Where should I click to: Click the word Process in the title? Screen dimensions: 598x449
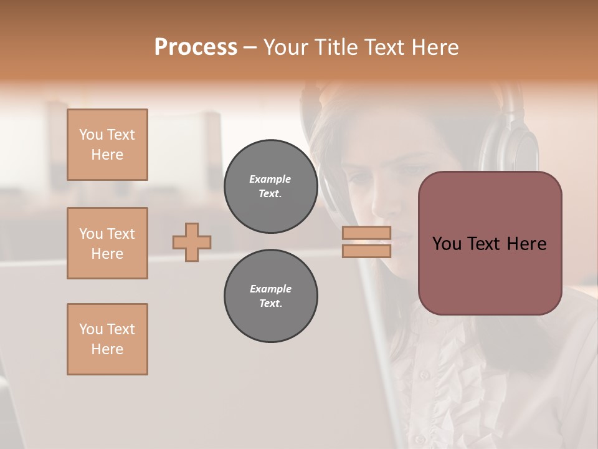pyautogui.click(x=196, y=47)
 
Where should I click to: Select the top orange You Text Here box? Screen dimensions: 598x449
pyautogui.click(x=107, y=145)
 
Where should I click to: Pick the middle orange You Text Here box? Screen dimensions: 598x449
pyautogui.click(x=107, y=243)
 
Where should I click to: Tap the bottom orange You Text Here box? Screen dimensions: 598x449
pyautogui.click(x=107, y=339)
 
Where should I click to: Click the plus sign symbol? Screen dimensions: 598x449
pyautogui.click(x=192, y=242)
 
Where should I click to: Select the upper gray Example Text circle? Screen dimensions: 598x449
pyautogui.click(x=270, y=186)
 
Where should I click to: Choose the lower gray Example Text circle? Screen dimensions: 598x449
pyautogui.click(x=270, y=296)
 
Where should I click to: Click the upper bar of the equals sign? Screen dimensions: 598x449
pyautogui.click(x=366, y=233)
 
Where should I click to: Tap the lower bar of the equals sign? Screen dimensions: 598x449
pyautogui.click(x=366, y=251)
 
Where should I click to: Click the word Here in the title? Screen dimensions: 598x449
pyautogui.click(x=435, y=47)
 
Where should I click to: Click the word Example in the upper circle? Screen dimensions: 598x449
pyautogui.click(x=270, y=180)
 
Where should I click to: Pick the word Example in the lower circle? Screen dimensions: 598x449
pyautogui.click(x=270, y=289)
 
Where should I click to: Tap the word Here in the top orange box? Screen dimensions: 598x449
pyautogui.click(x=107, y=155)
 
